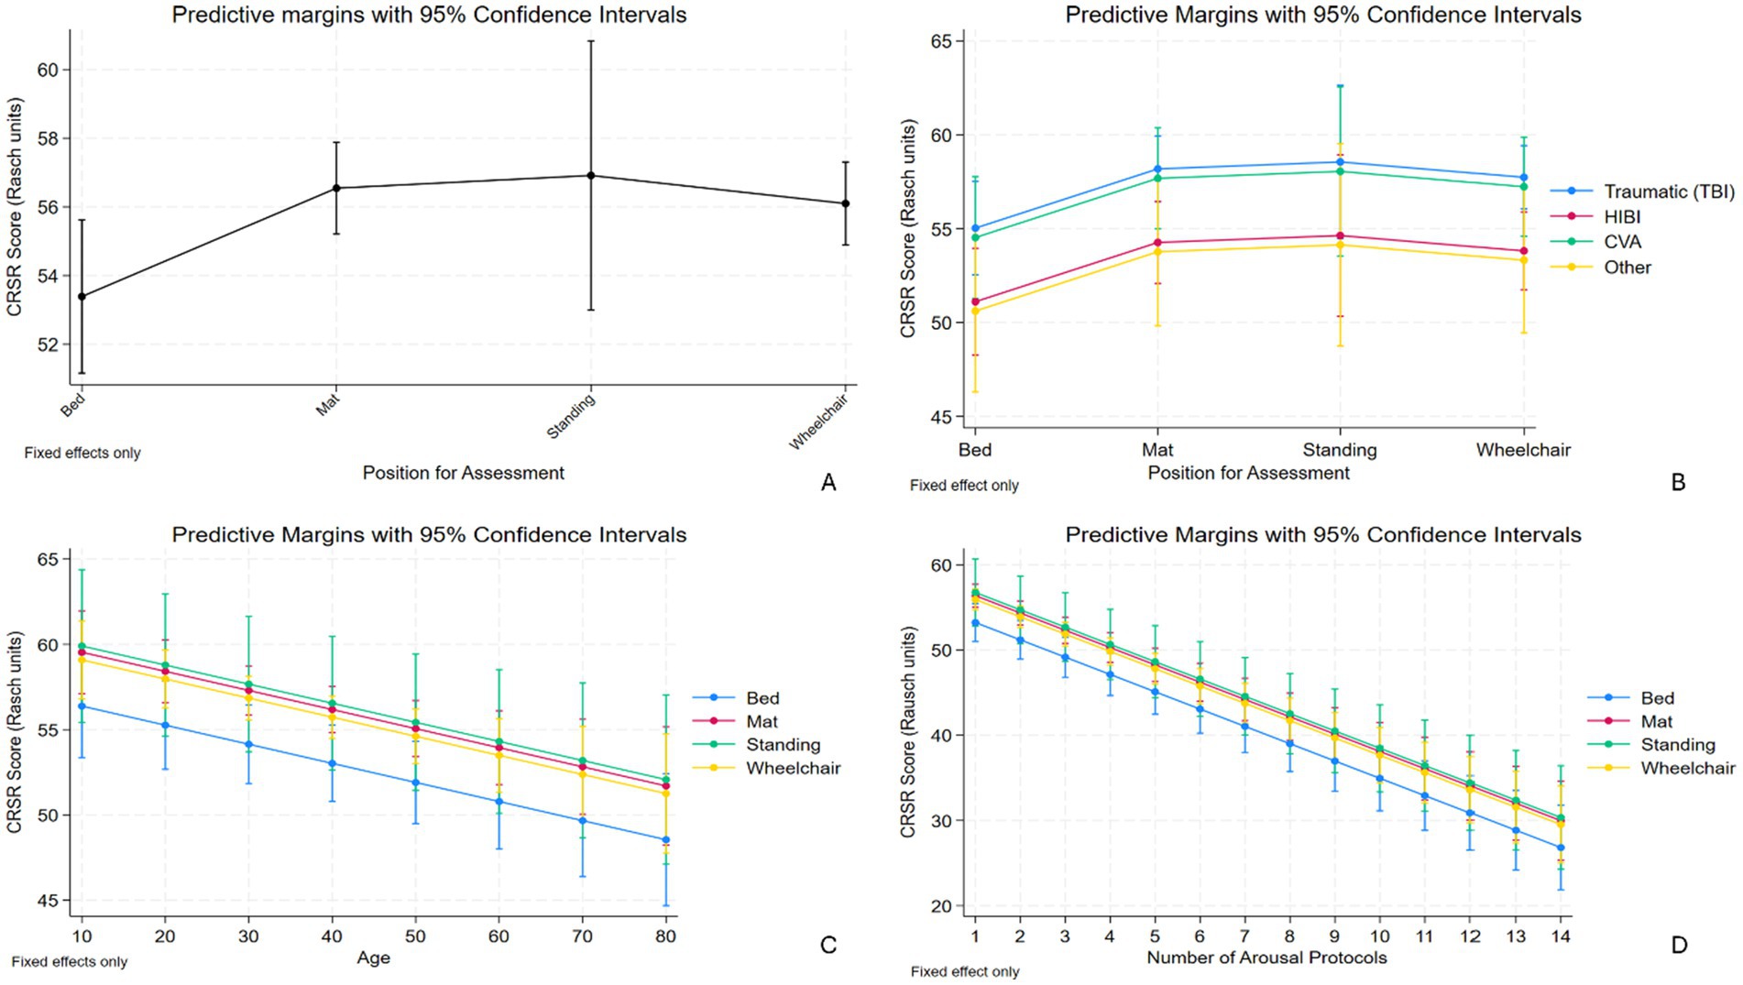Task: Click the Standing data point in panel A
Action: pyautogui.click(x=591, y=175)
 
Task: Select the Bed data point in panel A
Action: pyautogui.click(x=82, y=296)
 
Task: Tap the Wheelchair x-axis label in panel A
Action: pyautogui.click(x=819, y=421)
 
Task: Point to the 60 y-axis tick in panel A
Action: pyautogui.click(x=48, y=71)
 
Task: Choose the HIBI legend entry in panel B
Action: pyautogui.click(x=1621, y=217)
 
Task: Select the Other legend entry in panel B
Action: pyautogui.click(x=1627, y=268)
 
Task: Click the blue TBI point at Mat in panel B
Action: pyautogui.click(x=1157, y=169)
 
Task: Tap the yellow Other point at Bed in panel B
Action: pyautogui.click(x=975, y=311)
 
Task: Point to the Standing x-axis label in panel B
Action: pyautogui.click(x=1339, y=450)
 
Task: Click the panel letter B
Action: pyautogui.click(x=1678, y=482)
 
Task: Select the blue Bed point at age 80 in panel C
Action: pyautogui.click(x=665, y=839)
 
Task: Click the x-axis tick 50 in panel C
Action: pyautogui.click(x=415, y=936)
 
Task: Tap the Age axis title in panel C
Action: pyautogui.click(x=373, y=958)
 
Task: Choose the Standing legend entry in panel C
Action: pyautogui.click(x=783, y=745)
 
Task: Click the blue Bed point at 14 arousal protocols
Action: pyautogui.click(x=1561, y=848)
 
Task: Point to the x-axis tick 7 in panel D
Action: pyautogui.click(x=1244, y=936)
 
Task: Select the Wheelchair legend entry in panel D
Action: pyautogui.click(x=1687, y=768)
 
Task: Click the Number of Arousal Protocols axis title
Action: pyautogui.click(x=1266, y=958)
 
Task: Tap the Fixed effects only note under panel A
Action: pyautogui.click(x=82, y=453)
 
